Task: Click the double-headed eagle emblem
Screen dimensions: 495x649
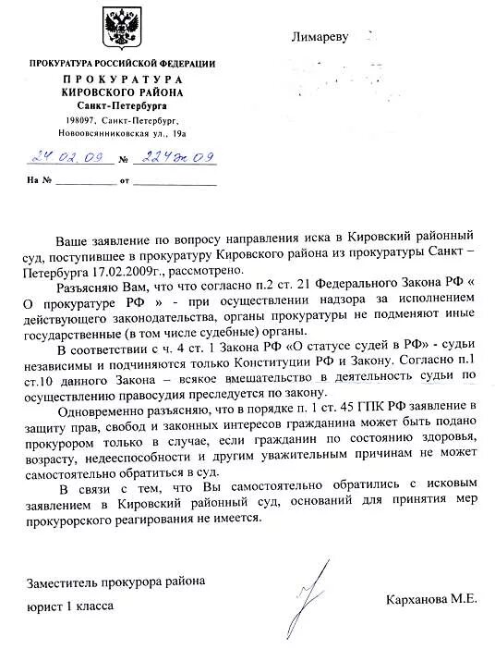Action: (x=121, y=28)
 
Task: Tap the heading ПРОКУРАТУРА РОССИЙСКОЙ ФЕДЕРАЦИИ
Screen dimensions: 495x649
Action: (x=122, y=63)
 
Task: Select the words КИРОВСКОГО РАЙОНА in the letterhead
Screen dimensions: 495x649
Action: (x=123, y=92)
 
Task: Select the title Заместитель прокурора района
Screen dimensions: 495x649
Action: (x=115, y=582)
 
